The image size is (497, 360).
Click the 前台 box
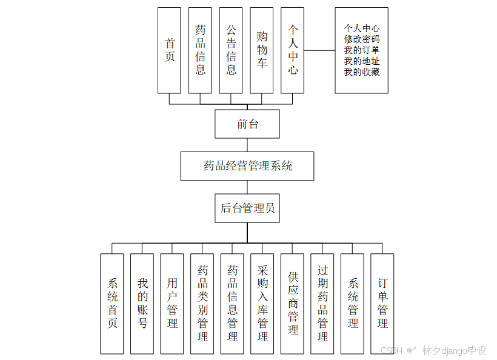(247, 124)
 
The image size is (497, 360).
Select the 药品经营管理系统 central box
(247, 165)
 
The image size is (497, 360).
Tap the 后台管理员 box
(247, 208)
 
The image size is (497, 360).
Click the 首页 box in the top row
(169, 50)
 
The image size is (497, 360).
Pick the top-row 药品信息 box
(200, 50)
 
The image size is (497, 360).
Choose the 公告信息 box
(231, 50)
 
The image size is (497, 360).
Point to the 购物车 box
(262, 50)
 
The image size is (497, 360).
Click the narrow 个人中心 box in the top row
(293, 50)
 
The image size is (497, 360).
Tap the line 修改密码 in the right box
(362, 39)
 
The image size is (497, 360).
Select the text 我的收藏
(362, 72)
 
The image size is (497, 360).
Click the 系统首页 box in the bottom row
(112, 303)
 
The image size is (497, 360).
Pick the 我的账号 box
(142, 303)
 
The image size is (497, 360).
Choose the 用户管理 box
(172, 303)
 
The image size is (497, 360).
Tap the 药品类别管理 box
(202, 303)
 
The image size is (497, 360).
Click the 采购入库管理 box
(262, 303)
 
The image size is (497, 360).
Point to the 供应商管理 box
(292, 303)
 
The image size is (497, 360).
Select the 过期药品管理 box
(322, 303)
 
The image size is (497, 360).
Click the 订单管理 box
(382, 303)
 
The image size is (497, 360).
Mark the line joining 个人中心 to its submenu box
(319, 50)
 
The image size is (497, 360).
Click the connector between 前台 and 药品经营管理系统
(247, 145)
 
